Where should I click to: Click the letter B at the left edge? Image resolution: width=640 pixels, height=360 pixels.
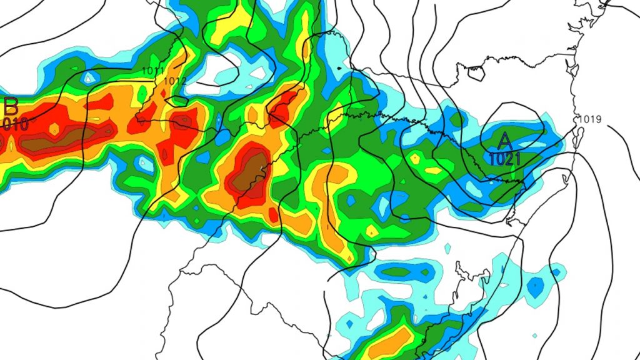pos(11,105)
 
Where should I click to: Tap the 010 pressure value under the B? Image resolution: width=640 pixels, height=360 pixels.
pos(14,123)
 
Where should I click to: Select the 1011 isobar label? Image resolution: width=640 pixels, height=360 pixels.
pos(152,71)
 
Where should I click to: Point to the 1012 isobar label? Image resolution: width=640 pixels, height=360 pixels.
pos(176,81)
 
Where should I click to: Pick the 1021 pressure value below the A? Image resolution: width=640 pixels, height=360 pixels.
pos(504,159)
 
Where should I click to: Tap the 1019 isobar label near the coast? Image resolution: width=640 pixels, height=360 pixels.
pos(590,119)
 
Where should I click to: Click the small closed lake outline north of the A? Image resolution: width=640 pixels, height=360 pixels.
pos(476,73)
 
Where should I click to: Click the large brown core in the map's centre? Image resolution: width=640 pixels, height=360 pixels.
pos(249,172)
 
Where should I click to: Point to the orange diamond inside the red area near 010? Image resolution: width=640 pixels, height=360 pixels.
pos(54,129)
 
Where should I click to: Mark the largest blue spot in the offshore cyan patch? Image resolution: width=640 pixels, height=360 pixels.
pos(536,287)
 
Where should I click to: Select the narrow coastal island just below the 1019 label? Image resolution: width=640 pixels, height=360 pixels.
pos(579,136)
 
